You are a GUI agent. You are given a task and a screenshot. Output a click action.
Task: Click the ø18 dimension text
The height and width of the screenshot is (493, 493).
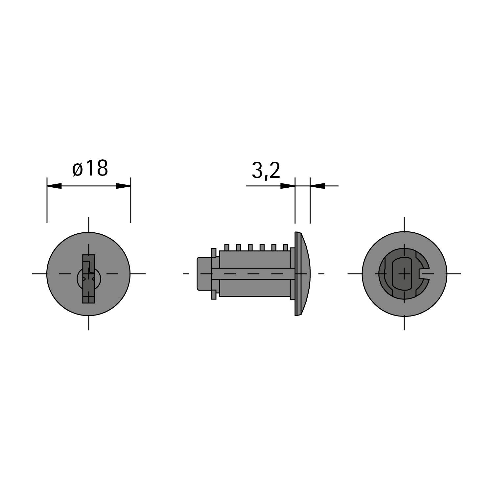[90, 168]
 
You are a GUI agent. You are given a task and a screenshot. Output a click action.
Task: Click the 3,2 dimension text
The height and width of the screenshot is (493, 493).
[266, 171]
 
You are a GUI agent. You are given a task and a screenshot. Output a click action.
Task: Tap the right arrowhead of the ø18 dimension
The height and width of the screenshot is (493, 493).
[123, 186]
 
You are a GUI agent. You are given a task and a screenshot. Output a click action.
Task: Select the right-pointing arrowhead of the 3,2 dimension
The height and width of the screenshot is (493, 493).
[288, 186]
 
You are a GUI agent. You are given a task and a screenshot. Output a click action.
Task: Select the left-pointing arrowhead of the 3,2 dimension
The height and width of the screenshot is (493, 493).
[317, 186]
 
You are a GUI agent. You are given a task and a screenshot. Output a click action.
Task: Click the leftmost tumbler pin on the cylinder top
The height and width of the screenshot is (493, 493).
[226, 247]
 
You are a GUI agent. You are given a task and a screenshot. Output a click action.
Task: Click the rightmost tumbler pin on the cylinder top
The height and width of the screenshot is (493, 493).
[285, 247]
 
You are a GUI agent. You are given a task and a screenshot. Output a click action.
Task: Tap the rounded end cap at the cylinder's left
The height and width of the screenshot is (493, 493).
[203, 273]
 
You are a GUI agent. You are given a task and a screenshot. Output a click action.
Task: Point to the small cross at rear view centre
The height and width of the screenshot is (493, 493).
[404, 273]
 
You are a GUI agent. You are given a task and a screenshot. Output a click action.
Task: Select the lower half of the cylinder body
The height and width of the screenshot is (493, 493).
[255, 288]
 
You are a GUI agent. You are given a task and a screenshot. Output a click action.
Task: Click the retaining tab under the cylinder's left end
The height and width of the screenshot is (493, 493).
[214, 295]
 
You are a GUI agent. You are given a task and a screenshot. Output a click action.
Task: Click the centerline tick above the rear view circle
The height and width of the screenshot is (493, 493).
[404, 224]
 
